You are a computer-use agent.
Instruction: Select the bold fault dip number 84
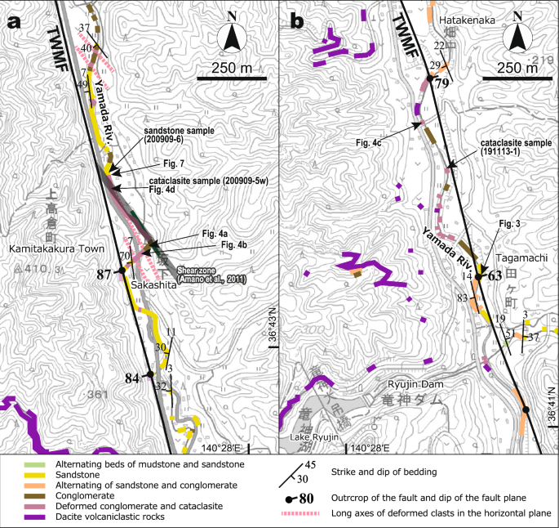click(133, 378)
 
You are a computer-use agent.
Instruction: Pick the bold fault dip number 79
click(441, 83)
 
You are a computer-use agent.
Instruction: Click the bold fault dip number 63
click(495, 276)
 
